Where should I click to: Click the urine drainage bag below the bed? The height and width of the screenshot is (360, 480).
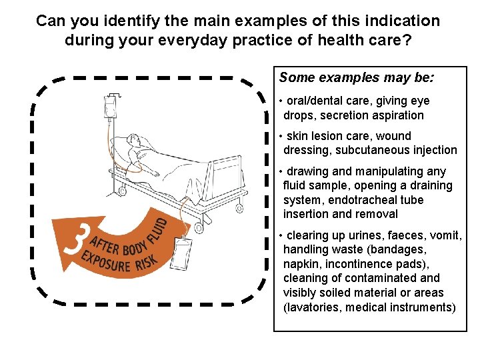[182, 253]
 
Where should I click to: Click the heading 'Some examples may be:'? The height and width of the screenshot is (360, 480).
[357, 77]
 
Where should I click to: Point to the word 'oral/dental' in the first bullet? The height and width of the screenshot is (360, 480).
[317, 101]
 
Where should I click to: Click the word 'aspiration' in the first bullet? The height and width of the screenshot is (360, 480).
[397, 115]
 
